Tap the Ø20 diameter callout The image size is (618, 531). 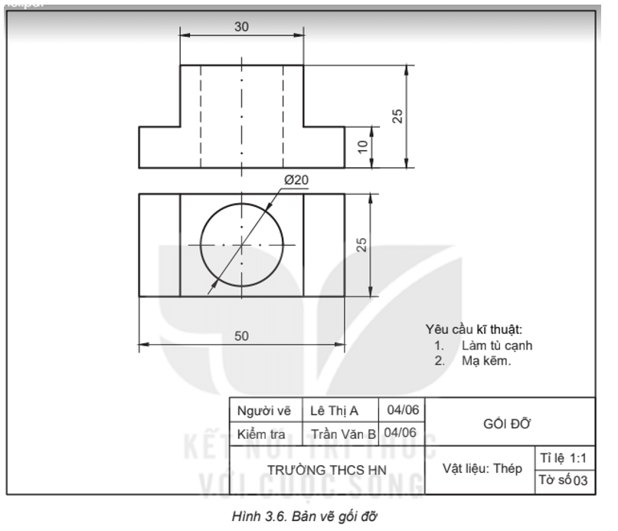tap(296, 179)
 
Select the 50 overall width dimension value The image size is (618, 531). tap(241, 336)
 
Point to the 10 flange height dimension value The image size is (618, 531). tap(363, 146)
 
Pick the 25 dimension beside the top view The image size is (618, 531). tap(363, 244)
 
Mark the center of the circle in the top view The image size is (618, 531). tap(241, 245)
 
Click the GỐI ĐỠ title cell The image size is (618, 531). tap(508, 424)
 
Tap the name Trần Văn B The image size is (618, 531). tap(343, 434)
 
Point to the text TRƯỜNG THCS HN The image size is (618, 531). tap(326, 468)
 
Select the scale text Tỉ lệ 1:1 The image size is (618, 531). tap(564, 457)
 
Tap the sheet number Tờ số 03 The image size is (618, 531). tap(564, 481)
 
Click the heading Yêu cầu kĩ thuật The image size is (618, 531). tap(473, 329)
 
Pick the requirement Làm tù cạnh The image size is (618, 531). tap(496, 346)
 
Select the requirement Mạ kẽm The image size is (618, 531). tap(486, 359)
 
